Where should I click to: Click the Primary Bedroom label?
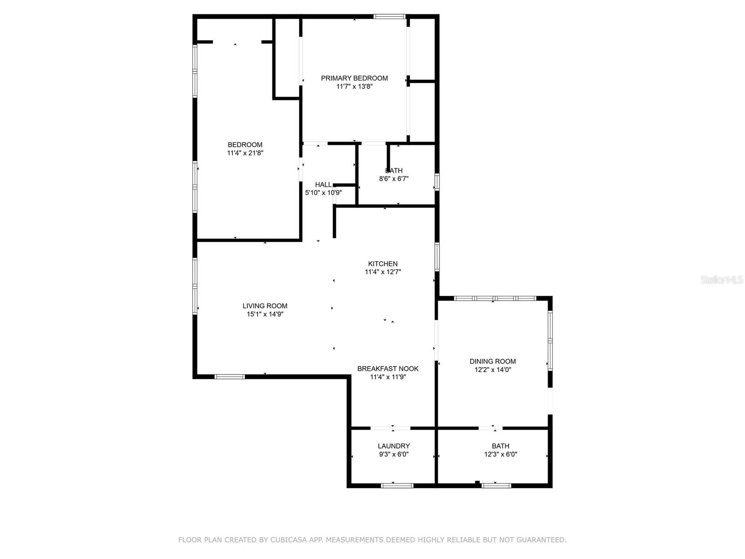pos(354,78)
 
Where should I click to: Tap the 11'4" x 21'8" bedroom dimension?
pos(245,153)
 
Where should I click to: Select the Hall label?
pos(323,184)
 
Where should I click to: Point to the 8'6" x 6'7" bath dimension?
pos(394,178)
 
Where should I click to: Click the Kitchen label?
pos(383,264)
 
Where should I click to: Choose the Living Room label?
pos(265,306)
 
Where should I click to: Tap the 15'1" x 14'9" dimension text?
pos(265,314)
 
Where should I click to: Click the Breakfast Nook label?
pos(388,368)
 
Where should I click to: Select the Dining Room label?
pos(493,361)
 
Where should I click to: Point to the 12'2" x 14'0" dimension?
pos(493,370)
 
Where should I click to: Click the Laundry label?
pos(394,446)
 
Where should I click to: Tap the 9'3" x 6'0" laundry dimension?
pos(394,454)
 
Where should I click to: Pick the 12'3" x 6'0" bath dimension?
pos(501,454)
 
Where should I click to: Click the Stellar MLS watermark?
pos(722,280)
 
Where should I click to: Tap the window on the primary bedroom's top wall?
pos(389,17)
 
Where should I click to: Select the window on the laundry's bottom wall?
pos(397,486)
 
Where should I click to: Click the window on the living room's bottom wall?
pos(230,376)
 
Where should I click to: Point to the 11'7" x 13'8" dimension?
pos(354,87)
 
